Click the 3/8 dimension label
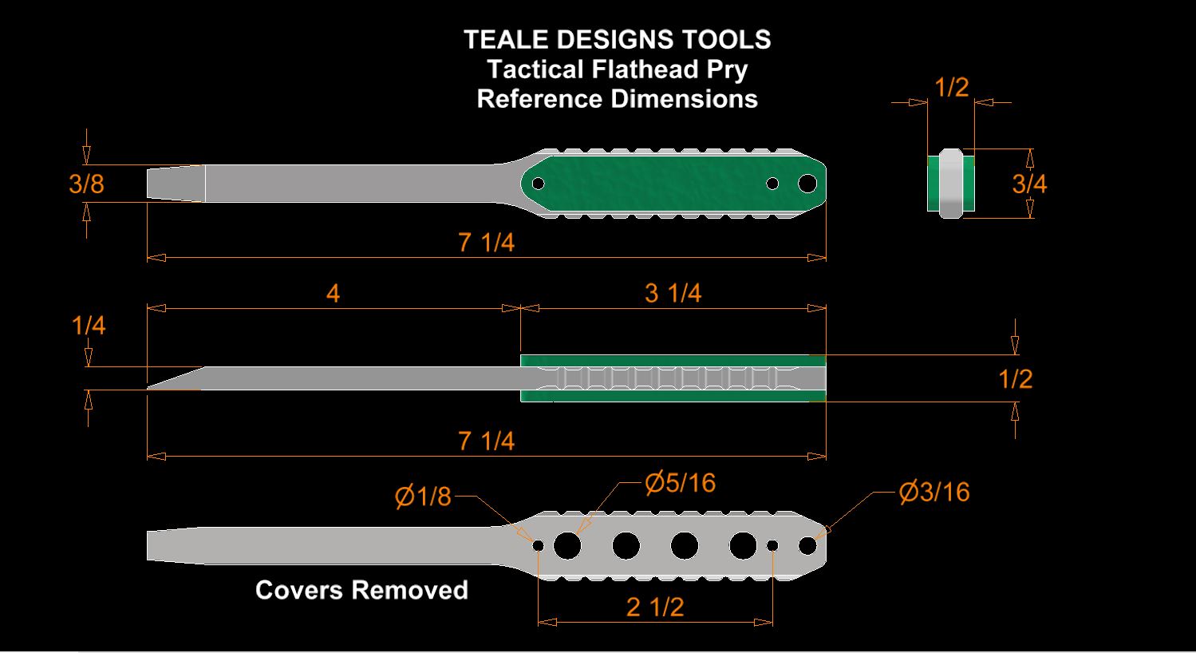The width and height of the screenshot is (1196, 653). [86, 184]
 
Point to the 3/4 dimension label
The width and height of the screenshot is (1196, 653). [1029, 184]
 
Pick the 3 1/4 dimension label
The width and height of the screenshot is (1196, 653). [673, 293]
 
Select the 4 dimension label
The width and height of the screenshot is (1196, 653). [333, 293]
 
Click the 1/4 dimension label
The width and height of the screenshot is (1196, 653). [88, 326]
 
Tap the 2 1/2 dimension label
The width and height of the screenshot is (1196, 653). [655, 607]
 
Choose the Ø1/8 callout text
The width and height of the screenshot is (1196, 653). [423, 497]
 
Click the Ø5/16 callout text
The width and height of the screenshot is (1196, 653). [680, 483]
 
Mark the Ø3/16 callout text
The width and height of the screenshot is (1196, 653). [934, 493]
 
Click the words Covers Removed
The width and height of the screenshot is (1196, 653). [361, 591]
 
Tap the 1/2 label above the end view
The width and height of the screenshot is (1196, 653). [952, 88]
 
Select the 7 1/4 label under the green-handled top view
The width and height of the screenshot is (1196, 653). [487, 243]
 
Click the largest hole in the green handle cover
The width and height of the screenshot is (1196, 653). [807, 184]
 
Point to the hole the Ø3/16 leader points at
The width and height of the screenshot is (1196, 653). [807, 545]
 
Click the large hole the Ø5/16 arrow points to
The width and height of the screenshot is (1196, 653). [567, 545]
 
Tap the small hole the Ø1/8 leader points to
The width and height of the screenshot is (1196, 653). [539, 545]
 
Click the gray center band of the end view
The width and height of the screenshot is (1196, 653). [951, 184]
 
